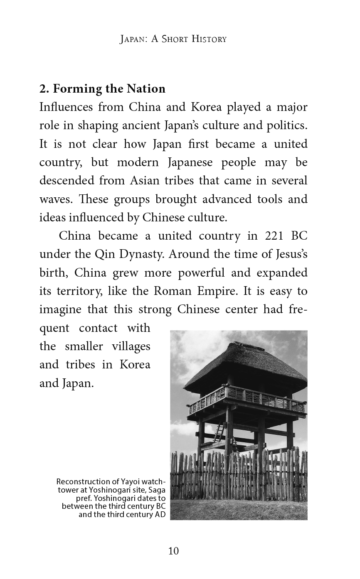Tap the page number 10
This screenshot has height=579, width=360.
coord(173,551)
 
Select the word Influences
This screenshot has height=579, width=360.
coord(66,107)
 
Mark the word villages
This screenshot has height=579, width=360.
coord(131,346)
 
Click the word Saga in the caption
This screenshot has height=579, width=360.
coord(156,489)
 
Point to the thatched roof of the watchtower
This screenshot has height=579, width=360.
coord(245,366)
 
